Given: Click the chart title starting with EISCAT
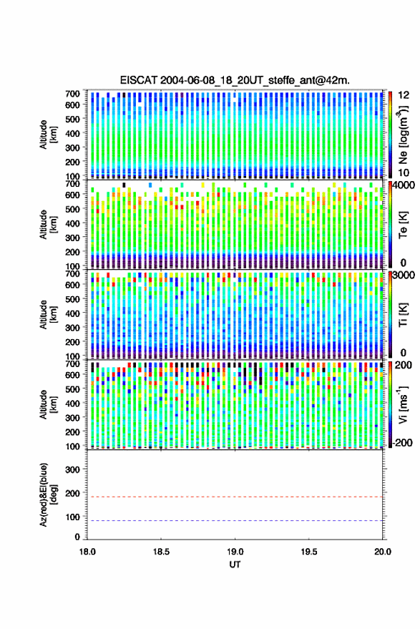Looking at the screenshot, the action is [x=235, y=80].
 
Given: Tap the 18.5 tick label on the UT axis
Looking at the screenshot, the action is [x=161, y=552].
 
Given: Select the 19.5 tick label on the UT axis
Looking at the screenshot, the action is [x=308, y=552].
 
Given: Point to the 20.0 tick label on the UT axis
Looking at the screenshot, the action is [x=382, y=552].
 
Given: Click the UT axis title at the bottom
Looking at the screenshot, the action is [x=235, y=565].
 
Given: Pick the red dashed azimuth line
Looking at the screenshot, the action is [x=235, y=497].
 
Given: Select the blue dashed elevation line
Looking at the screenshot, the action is [x=235, y=521].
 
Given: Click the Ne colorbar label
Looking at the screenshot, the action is [x=403, y=135].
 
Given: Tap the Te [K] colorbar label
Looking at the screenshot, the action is [x=403, y=225].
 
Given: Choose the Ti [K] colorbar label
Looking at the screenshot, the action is [x=403, y=315].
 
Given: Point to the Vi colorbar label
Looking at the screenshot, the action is [x=403, y=404].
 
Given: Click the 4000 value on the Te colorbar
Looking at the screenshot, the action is [x=404, y=186].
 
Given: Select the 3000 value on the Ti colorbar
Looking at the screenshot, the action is [x=404, y=276].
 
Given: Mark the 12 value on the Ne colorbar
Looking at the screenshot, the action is [x=404, y=95].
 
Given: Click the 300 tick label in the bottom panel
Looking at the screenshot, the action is [x=72, y=469].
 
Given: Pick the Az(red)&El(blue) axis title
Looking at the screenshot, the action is [x=48, y=495].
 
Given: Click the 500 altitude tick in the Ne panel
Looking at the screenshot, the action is [x=72, y=119].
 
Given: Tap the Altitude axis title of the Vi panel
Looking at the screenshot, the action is [x=48, y=404].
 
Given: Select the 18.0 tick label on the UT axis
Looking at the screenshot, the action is [x=87, y=552].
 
